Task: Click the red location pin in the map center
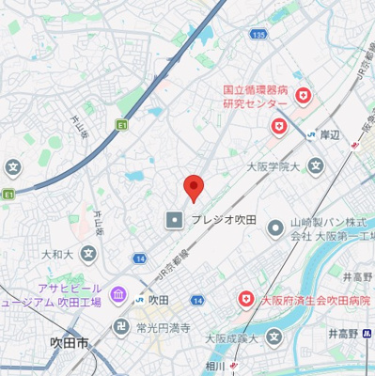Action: [x=193, y=188]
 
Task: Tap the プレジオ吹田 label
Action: [x=224, y=220]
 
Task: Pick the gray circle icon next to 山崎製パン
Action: [x=274, y=227]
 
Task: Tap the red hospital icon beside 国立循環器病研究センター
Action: [x=304, y=96]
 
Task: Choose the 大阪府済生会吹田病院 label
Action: [x=316, y=300]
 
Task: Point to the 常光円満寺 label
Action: [x=164, y=328]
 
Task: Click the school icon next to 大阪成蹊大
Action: [x=274, y=337]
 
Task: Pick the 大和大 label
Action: [x=55, y=254]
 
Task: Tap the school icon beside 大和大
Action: [x=87, y=254]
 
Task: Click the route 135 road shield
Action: [x=259, y=34]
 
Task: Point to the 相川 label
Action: [x=215, y=367]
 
